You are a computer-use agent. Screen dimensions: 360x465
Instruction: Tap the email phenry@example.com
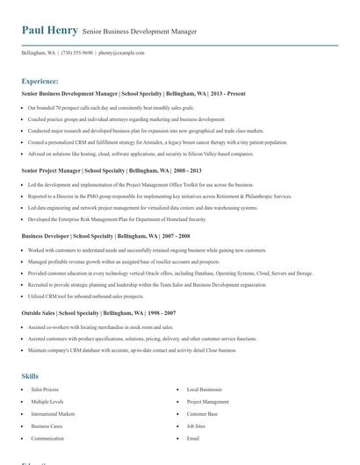121,53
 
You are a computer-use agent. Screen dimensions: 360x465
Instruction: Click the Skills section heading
30,376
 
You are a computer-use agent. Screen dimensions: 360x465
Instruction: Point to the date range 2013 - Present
228,92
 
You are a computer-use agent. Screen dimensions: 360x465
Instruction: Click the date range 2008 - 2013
186,170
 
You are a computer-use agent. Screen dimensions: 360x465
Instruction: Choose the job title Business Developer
45,236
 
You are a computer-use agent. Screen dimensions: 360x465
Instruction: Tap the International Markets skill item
53,413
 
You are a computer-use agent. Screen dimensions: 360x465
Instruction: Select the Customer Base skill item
202,413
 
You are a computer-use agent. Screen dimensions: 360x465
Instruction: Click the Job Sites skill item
196,426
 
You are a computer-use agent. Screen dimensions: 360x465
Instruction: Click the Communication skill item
47,438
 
